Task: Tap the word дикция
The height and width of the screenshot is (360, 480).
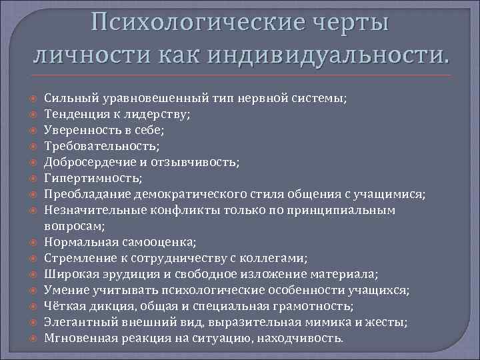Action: click(x=110, y=306)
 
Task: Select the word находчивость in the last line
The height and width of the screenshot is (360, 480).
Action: click(x=303, y=338)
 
